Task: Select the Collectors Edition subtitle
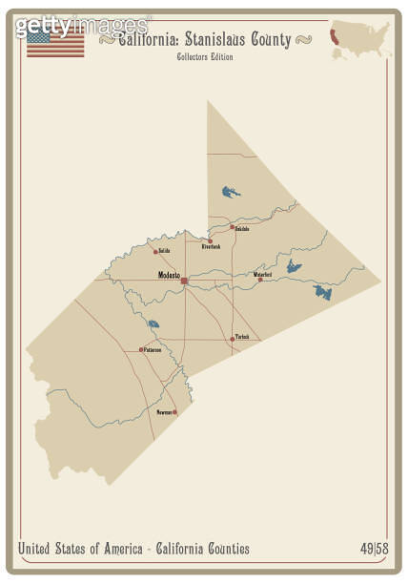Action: pyautogui.click(x=204, y=57)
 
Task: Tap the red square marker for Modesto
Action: pyautogui.click(x=184, y=281)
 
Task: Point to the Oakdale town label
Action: pyautogui.click(x=242, y=229)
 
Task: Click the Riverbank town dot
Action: pyautogui.click(x=211, y=240)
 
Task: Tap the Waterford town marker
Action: pyautogui.click(x=260, y=279)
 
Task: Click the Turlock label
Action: pyautogui.click(x=242, y=337)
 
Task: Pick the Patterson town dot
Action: pyautogui.click(x=142, y=349)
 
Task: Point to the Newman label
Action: pyautogui.click(x=164, y=412)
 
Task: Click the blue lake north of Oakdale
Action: pyautogui.click(x=230, y=192)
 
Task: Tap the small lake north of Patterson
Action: pyautogui.click(x=153, y=323)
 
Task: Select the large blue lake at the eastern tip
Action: pyautogui.click(x=322, y=291)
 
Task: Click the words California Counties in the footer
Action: pyautogui.click(x=204, y=549)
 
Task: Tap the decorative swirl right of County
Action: pyautogui.click(x=305, y=40)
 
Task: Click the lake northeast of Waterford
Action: pyautogui.click(x=295, y=266)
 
